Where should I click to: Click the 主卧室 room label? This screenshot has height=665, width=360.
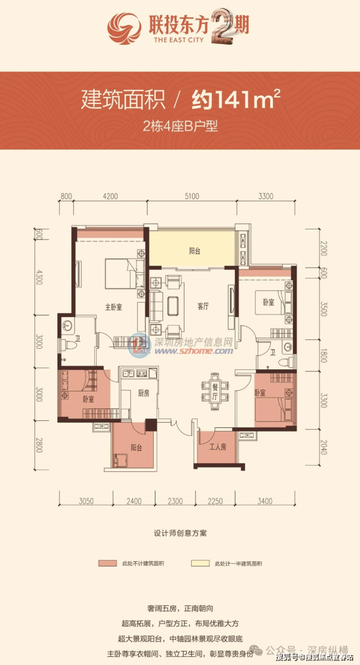113,307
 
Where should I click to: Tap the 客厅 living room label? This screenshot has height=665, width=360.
203,306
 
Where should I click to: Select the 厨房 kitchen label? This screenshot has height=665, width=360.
144,393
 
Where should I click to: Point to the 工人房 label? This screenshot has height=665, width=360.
218,447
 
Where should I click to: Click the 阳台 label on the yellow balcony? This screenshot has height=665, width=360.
195,251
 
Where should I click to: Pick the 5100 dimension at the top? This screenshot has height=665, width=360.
192,196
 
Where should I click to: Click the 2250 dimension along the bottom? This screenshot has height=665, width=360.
215,501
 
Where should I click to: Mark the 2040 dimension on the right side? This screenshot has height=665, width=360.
324,447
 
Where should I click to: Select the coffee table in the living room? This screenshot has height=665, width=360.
173,306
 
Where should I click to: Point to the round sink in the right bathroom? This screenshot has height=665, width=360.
288,347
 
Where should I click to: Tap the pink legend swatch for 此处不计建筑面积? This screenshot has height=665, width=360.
108,563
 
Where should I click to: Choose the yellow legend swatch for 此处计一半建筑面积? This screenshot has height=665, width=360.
200,563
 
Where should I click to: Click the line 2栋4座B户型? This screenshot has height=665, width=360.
180,126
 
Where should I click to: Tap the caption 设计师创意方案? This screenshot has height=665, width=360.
180,533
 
